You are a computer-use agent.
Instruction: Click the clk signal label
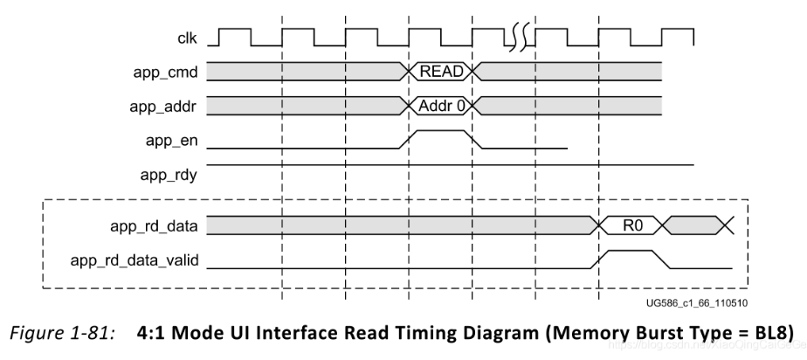pos(184,38)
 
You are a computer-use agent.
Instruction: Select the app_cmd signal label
pos(166,71)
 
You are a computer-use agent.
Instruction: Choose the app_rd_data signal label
pos(157,226)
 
